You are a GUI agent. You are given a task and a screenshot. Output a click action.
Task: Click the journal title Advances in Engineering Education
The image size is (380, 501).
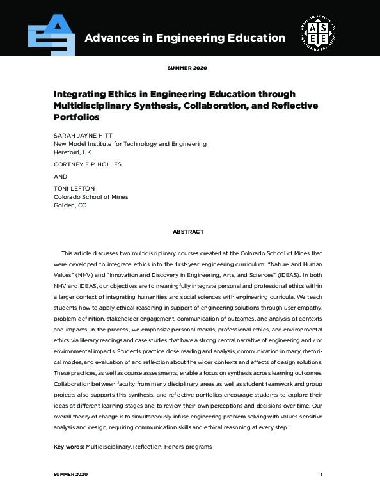pyautogui.click(x=185, y=38)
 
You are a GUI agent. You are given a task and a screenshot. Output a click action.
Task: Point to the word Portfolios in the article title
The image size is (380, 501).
pyautogui.click(x=77, y=118)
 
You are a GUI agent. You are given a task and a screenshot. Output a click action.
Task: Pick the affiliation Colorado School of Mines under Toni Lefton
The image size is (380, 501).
pyautogui.click(x=91, y=197)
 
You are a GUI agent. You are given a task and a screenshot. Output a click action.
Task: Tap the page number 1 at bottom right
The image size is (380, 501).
pyautogui.click(x=321, y=475)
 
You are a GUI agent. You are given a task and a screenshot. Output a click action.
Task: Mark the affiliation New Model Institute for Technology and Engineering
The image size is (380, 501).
pyautogui.click(x=130, y=144)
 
